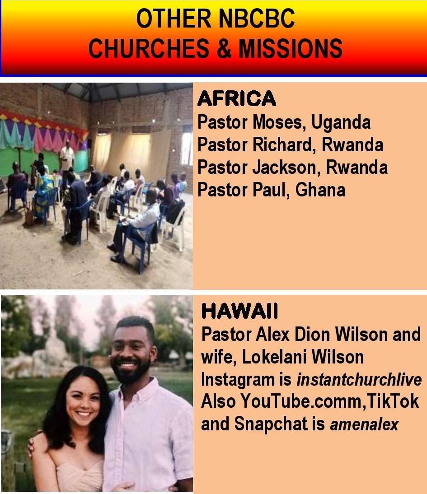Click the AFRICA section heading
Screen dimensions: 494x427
pos(237,98)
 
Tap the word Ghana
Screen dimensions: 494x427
pos(320,190)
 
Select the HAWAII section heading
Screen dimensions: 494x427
pos(240,311)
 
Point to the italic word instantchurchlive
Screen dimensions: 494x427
pos(359,380)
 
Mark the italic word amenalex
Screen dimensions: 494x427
pos(365,424)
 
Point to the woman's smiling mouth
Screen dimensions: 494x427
pos(84,413)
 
